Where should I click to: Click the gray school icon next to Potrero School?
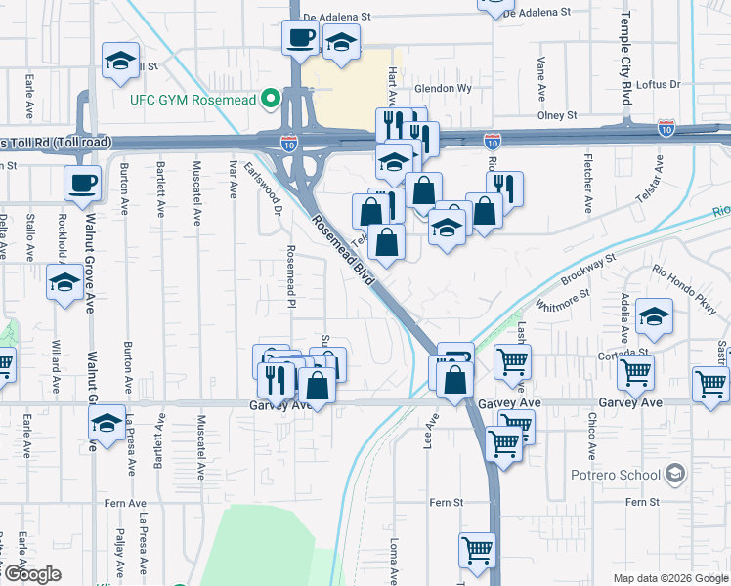(673, 475)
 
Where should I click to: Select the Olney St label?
(557, 115)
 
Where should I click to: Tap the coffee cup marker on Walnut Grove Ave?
(83, 182)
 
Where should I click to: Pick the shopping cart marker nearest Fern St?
(477, 549)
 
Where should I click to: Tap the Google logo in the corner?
(32, 574)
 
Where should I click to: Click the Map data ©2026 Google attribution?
(670, 578)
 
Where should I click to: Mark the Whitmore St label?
(560, 302)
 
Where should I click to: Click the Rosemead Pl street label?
(290, 276)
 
